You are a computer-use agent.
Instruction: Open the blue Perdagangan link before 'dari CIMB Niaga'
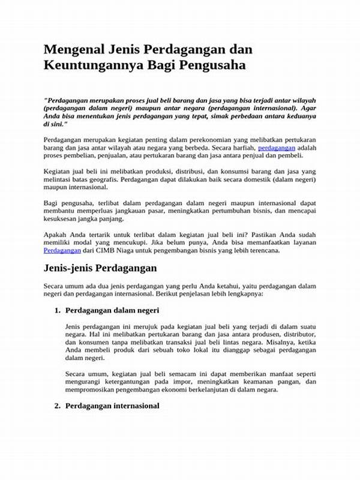click(x=63, y=250)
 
